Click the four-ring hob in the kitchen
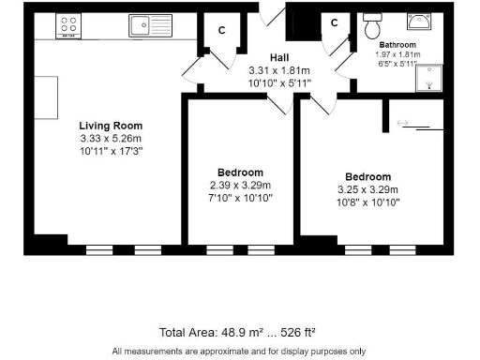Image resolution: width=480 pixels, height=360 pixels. (67, 25)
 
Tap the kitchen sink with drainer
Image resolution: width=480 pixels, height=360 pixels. (150, 24)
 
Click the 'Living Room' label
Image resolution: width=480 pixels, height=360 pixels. (111, 126)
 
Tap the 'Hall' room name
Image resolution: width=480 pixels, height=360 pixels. (279, 57)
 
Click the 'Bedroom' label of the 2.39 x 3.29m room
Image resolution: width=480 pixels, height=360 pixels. (240, 172)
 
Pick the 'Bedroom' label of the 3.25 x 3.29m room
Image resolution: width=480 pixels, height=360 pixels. (367, 177)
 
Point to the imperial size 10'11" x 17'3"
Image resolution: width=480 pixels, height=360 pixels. (111, 151)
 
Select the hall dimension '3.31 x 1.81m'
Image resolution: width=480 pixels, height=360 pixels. (279, 69)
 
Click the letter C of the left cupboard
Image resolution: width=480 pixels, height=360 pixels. (222, 30)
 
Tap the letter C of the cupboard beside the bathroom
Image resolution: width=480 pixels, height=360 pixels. (334, 23)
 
